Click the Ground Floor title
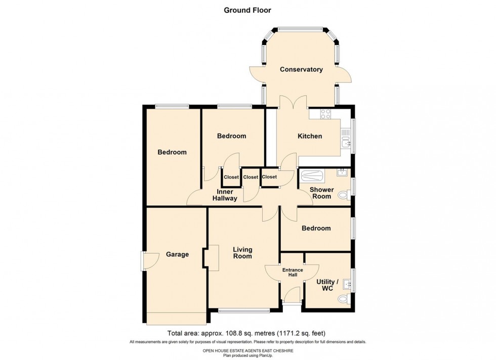point(247,10)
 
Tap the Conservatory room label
point(301,69)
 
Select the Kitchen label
point(309,136)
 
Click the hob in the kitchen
point(324,114)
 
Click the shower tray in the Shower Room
point(312,176)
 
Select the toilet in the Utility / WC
point(344,300)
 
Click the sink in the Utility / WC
point(347,283)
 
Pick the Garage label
point(177,254)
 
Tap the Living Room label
point(242,252)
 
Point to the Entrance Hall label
point(292,273)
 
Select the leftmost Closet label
point(231,177)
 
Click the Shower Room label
point(321,193)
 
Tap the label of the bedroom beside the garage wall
point(172,152)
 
